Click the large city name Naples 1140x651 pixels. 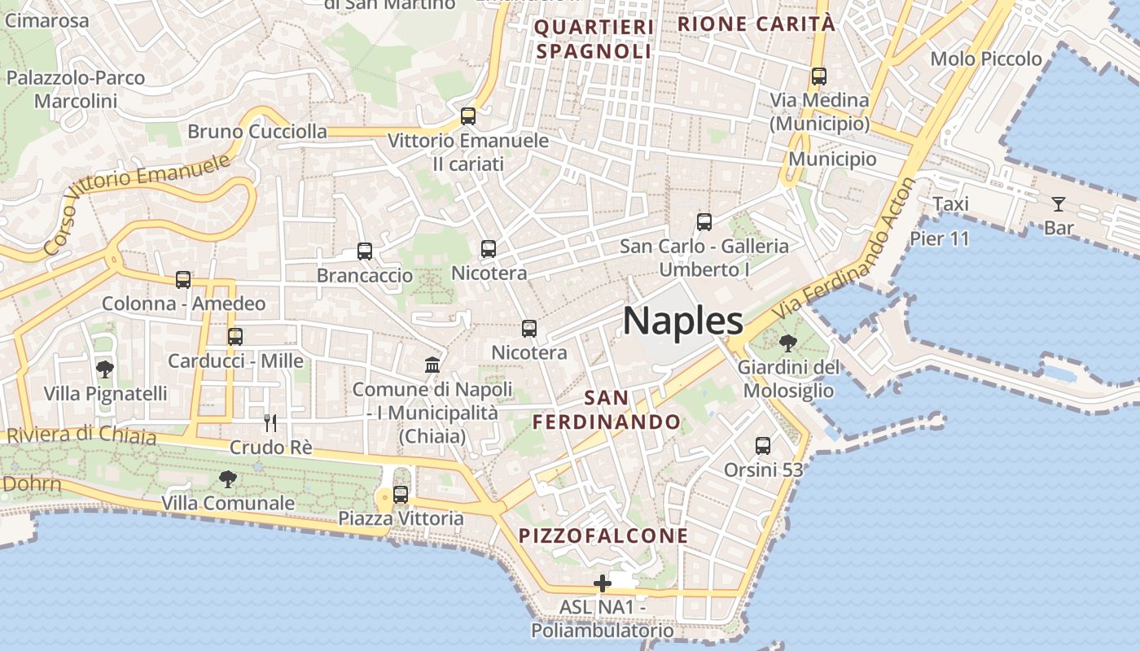(x=682, y=321)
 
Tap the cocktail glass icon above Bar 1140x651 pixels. (x=1058, y=203)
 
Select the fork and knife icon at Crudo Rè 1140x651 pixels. (x=270, y=422)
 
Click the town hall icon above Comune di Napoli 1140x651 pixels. (x=432, y=365)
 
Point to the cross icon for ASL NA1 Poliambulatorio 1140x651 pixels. (x=603, y=583)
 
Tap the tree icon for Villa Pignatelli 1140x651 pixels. (x=105, y=369)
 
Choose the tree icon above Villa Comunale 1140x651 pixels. (x=227, y=478)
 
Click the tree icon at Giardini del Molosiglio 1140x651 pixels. (x=787, y=343)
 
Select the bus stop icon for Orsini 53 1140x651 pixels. (x=763, y=445)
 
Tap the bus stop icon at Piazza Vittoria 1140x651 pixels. (x=400, y=494)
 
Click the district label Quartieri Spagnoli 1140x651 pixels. (x=594, y=40)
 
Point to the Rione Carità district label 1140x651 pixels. (x=756, y=24)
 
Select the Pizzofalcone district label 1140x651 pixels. (x=603, y=536)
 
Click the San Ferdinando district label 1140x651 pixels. (x=607, y=410)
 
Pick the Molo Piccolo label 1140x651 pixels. (x=985, y=59)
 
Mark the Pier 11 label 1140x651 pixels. (x=940, y=238)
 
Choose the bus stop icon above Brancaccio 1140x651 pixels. (x=365, y=251)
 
